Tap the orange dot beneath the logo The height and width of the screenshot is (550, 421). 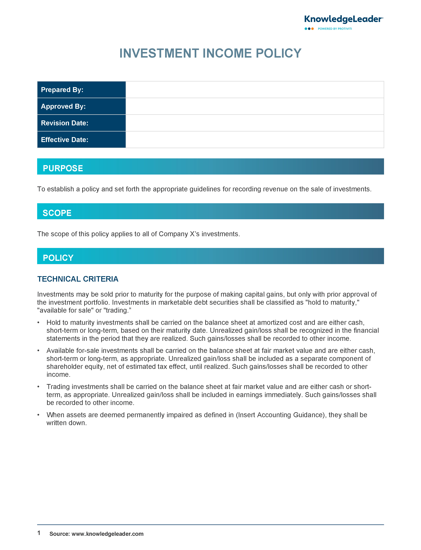(313, 29)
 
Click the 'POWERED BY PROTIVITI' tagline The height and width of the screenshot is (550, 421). (335, 29)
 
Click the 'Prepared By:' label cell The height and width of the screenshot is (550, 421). (81, 90)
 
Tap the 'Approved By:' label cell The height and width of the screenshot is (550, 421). (81, 106)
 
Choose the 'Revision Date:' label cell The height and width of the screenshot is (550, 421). (81, 123)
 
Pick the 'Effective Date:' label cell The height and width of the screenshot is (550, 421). (81, 140)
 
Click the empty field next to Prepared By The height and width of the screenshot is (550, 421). (254, 90)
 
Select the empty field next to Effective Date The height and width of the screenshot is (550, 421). (254, 140)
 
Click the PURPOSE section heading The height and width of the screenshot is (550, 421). (63, 168)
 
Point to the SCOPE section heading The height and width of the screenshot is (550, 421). (57, 213)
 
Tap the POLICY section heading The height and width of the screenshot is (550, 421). (58, 258)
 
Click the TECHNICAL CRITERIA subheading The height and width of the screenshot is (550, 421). (78, 279)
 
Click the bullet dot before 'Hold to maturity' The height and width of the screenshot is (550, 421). (38, 323)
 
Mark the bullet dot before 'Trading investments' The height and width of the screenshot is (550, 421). (38, 387)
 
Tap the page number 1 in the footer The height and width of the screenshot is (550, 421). (39, 533)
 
